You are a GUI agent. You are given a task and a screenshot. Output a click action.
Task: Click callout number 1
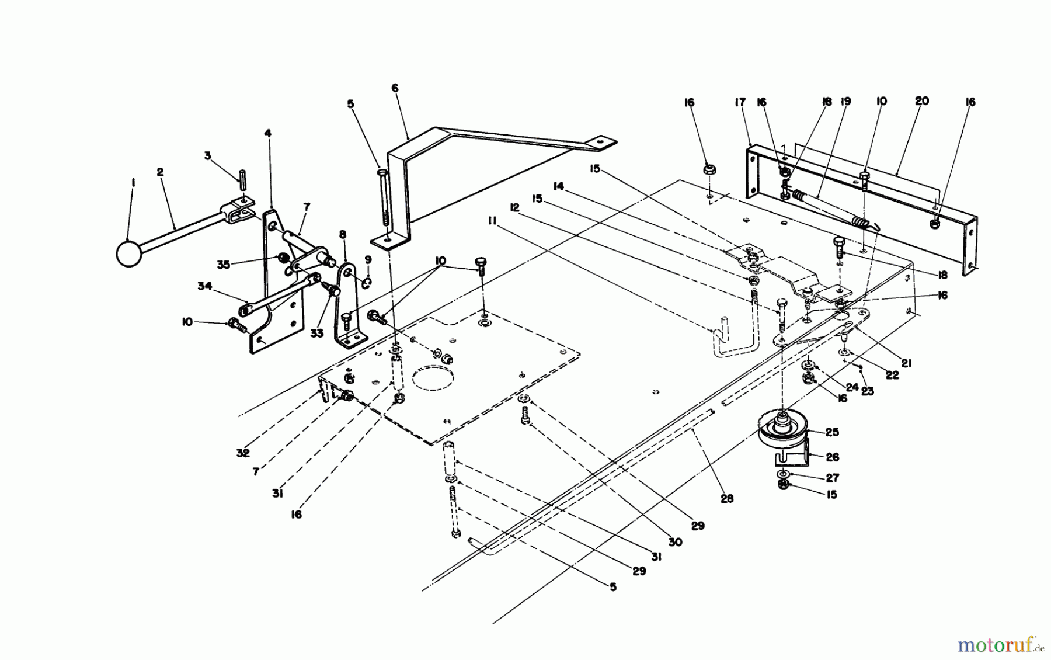point(133,183)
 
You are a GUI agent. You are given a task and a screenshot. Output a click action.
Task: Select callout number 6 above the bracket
point(395,88)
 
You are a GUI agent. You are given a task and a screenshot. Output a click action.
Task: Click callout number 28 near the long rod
point(727,499)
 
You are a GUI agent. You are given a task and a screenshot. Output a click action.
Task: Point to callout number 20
point(921,101)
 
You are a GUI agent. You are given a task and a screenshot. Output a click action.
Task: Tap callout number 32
point(243,453)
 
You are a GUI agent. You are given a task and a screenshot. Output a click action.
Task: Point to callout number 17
point(740,103)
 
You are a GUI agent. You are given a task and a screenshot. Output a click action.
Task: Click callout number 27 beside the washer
point(832,478)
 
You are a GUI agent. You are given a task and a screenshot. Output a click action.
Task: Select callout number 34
point(204,286)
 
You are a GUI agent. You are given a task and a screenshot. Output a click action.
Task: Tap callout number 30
point(675,542)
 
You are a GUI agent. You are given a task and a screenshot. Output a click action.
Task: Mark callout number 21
point(906,363)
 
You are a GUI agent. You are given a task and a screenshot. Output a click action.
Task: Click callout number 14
point(558,186)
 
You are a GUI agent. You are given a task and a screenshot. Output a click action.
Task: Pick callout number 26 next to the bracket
point(832,457)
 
